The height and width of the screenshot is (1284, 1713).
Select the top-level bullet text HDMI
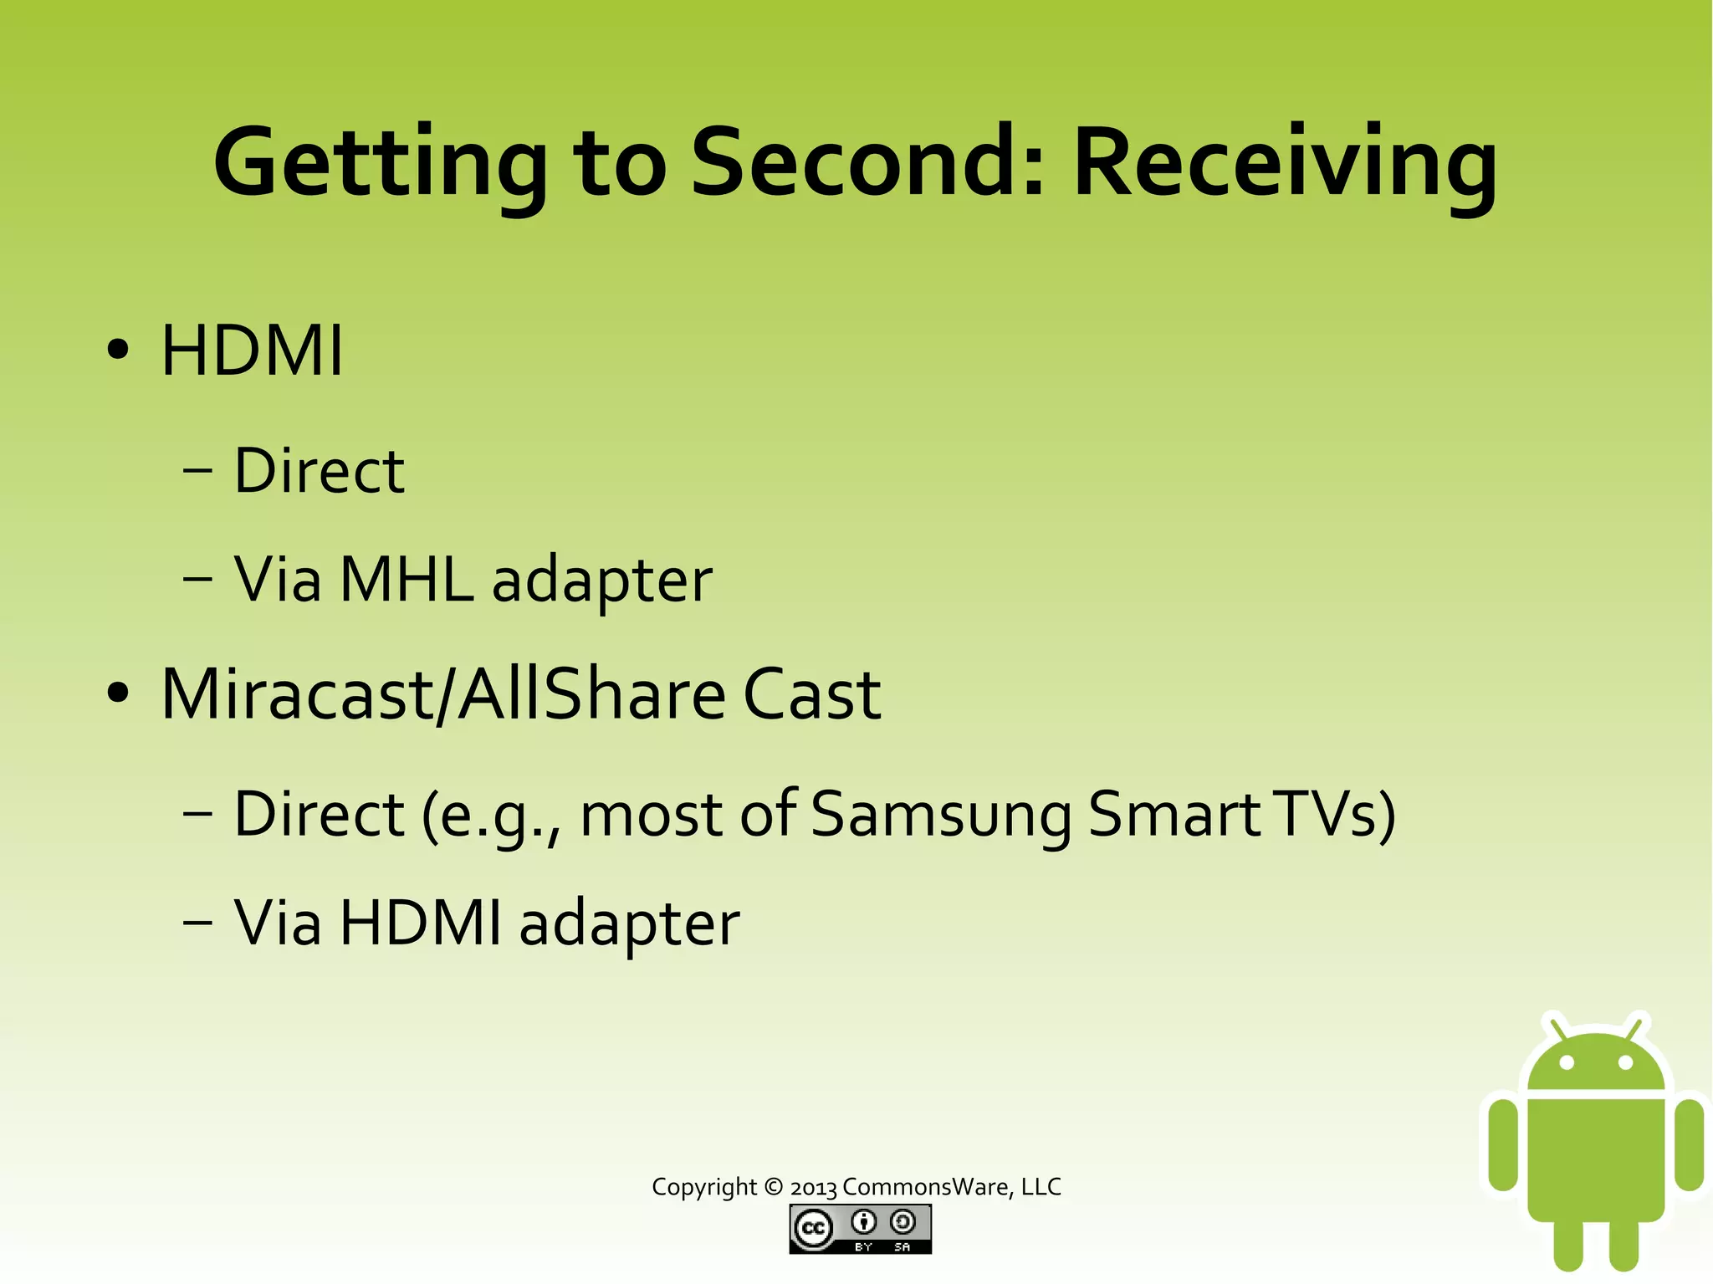[x=252, y=350]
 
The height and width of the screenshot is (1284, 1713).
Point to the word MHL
[x=406, y=579]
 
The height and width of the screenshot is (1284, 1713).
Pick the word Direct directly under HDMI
[x=319, y=470]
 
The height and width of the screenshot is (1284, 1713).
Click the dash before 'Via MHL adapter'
[x=197, y=579]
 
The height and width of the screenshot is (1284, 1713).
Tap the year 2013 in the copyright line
[x=813, y=1188]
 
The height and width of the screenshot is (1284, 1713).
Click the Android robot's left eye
[x=1567, y=1063]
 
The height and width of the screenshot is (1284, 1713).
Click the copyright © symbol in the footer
[x=774, y=1186]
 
